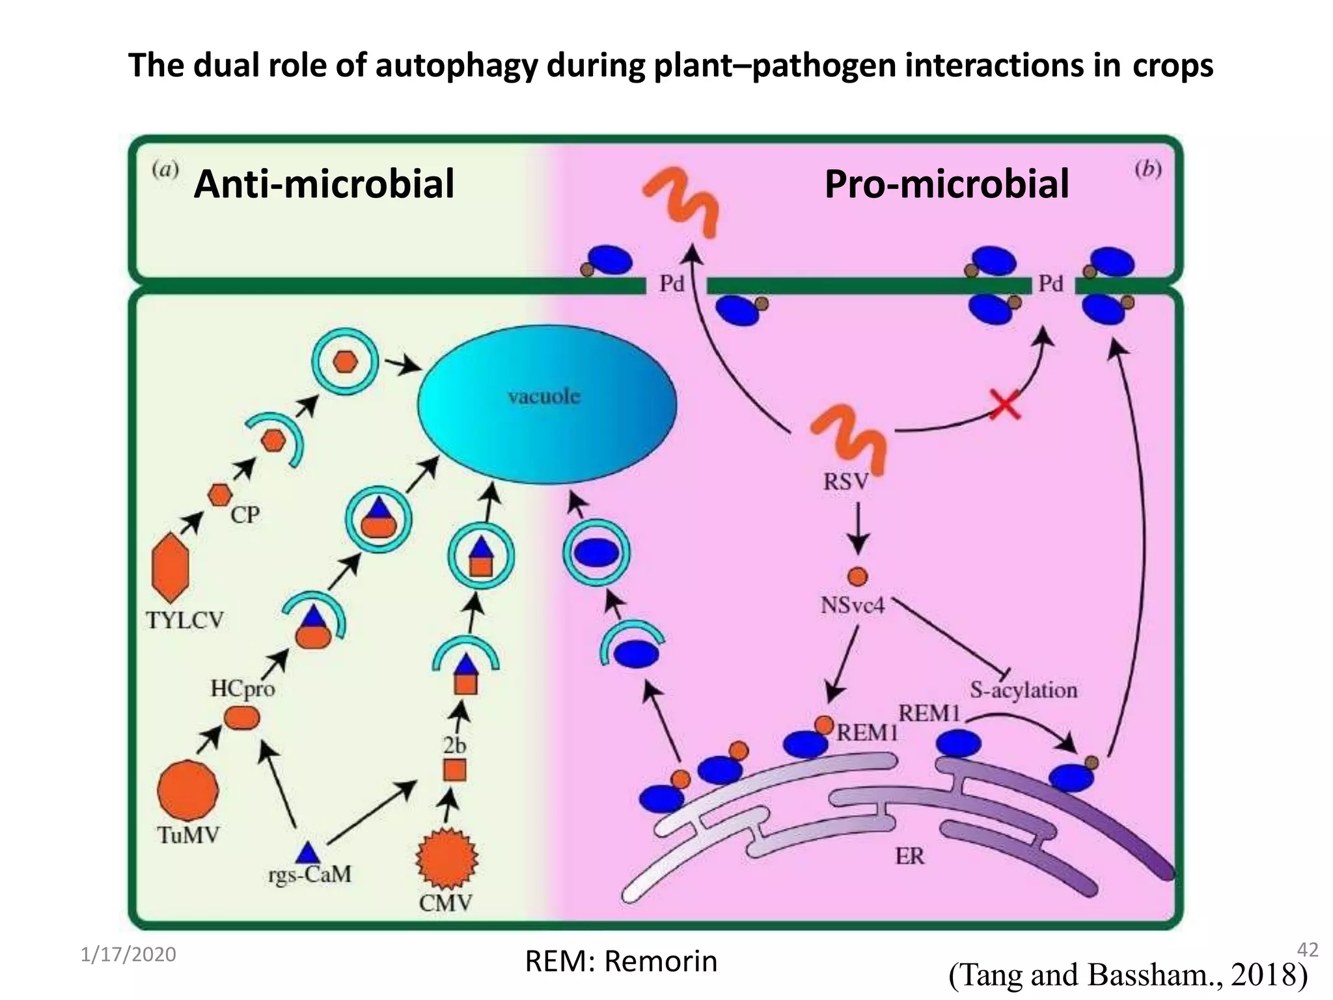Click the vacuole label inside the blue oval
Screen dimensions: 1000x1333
click(543, 396)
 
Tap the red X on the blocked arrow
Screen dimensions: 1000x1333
click(1005, 404)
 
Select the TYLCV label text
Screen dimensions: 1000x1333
click(185, 620)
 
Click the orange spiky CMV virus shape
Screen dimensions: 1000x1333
click(447, 859)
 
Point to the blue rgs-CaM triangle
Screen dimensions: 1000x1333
click(307, 854)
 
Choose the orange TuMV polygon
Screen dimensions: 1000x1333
click(188, 790)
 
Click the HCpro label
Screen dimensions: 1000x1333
click(242, 688)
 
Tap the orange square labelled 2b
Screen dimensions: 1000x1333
click(454, 770)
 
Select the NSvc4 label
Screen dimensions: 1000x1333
click(853, 605)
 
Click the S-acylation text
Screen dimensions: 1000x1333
click(1023, 690)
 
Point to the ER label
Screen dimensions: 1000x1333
click(909, 856)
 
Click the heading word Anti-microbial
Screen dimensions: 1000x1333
click(324, 184)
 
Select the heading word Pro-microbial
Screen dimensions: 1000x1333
click(946, 184)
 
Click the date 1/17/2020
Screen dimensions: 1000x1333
click(128, 954)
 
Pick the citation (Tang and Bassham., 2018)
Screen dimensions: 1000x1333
click(1128, 975)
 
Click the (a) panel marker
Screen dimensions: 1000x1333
click(165, 170)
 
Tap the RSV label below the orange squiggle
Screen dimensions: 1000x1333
click(845, 482)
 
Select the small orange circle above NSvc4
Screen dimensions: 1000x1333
click(857, 576)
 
